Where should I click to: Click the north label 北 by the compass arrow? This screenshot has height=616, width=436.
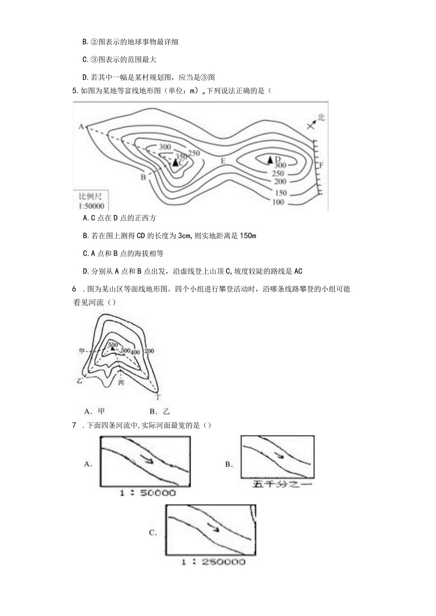(321, 117)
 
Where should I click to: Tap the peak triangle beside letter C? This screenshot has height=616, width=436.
(175, 163)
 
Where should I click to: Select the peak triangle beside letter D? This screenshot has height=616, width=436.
(271, 160)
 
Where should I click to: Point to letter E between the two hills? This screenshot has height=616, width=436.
(223, 161)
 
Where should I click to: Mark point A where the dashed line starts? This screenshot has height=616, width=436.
(81, 126)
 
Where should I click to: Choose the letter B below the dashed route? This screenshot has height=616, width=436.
(143, 178)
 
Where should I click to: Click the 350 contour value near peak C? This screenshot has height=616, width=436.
(181, 156)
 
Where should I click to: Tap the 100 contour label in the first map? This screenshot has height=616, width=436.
(279, 203)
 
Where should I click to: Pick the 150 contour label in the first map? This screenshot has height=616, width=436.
(281, 193)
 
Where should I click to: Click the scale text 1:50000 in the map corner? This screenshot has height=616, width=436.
(91, 205)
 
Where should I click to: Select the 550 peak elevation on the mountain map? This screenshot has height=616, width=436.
(113, 345)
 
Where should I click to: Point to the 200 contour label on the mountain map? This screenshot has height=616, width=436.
(150, 351)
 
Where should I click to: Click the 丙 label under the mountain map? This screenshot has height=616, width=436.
(121, 382)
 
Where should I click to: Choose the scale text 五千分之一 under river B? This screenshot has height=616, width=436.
(277, 484)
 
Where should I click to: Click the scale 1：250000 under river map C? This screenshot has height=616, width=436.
(213, 562)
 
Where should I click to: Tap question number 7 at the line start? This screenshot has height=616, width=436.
(74, 425)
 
